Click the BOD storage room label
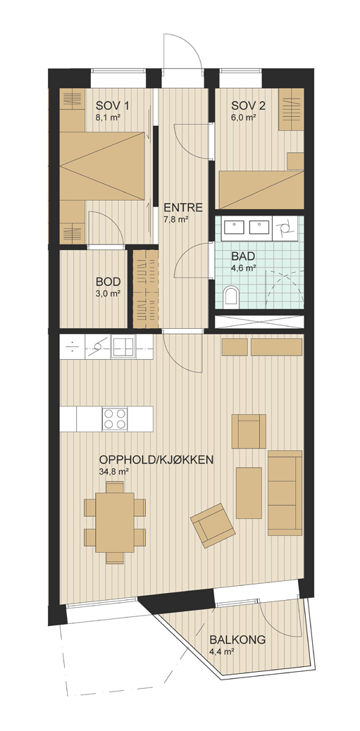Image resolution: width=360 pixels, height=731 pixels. (108, 282)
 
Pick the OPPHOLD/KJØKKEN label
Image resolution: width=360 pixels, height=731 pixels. (156, 460)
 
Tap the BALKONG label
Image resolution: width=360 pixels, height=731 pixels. (237, 639)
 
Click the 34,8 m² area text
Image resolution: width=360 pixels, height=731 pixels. (114, 471)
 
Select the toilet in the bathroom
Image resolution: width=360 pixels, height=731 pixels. (231, 296)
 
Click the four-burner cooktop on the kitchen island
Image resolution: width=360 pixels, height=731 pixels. (115, 418)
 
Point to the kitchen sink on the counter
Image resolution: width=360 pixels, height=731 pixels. (123, 347)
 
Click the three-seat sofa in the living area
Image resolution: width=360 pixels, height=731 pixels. (285, 493)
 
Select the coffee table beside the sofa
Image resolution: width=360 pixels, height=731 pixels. (249, 493)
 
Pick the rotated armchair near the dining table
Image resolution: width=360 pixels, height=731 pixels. (213, 525)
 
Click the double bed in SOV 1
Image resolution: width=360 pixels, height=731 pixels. (102, 166)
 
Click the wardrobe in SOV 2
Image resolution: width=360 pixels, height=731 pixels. (291, 109)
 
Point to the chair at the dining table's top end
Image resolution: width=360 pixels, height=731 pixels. (115, 487)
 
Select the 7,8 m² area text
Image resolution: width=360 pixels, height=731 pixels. (176, 219)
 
